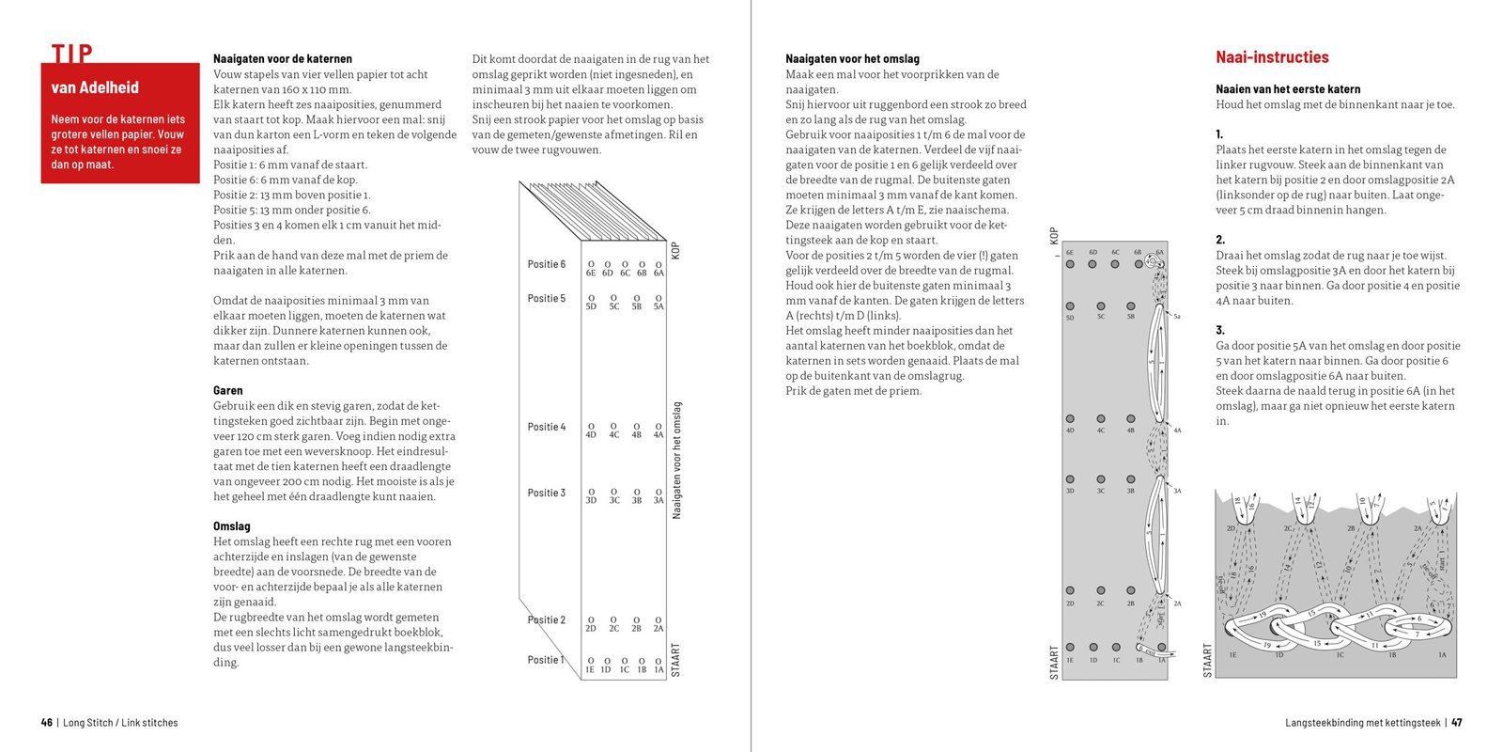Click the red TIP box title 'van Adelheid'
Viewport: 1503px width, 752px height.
[x=95, y=88]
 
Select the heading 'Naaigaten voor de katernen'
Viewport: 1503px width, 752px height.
[x=282, y=58]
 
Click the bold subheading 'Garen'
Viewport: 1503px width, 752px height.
[x=227, y=390]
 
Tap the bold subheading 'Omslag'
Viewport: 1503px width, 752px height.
[x=231, y=526]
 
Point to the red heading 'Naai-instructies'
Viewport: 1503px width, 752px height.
[x=1272, y=57]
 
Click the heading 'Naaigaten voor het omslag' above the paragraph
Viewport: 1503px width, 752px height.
[x=852, y=58]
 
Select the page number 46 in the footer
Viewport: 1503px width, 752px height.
[x=47, y=723]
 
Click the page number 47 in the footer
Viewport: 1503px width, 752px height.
[x=1456, y=723]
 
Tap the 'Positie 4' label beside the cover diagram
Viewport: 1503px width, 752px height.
[x=546, y=427]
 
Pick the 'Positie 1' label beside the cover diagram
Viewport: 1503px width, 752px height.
[x=546, y=660]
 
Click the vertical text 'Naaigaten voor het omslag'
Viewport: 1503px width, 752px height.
[x=677, y=460]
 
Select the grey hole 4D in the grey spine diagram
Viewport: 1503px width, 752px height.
[x=1070, y=419]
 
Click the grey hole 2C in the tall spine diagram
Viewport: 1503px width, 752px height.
[x=1100, y=591]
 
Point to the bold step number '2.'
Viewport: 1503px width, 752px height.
[x=1220, y=240]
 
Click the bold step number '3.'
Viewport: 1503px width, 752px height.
[x=1220, y=330]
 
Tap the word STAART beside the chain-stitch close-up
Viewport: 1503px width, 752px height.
[x=1207, y=660]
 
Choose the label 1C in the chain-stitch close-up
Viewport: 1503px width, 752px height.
[x=1340, y=655]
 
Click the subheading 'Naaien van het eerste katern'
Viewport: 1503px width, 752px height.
[x=1288, y=89]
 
